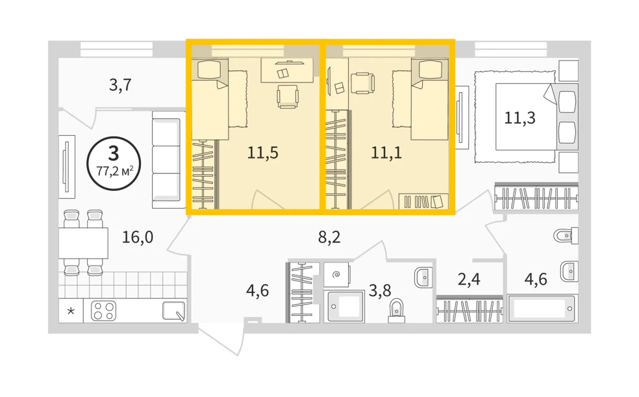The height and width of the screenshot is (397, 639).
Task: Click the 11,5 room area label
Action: pyautogui.click(x=263, y=153)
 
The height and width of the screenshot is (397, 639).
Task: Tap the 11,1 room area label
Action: pyautogui.click(x=386, y=153)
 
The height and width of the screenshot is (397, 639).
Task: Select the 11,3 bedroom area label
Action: pyautogui.click(x=520, y=118)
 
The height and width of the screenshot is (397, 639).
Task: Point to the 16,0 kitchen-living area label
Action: pyautogui.click(x=138, y=237)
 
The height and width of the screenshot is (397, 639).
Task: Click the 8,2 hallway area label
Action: pyautogui.click(x=329, y=237)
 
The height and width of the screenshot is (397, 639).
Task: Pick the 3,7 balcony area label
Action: pyautogui.click(x=120, y=84)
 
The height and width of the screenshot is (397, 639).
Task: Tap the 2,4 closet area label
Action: pyautogui.click(x=469, y=279)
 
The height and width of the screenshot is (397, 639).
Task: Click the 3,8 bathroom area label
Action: pyautogui.click(x=380, y=290)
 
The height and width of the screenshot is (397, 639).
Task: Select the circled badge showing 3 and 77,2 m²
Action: pyautogui.click(x=114, y=163)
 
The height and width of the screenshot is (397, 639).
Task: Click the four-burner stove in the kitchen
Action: pyautogui.click(x=103, y=311)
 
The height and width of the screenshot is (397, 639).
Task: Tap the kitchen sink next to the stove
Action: pyautogui.click(x=174, y=311)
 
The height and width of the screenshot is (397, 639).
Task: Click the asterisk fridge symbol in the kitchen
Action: pyautogui.click(x=71, y=311)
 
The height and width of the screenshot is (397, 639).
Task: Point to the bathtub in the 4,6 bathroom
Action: pyautogui.click(x=541, y=309)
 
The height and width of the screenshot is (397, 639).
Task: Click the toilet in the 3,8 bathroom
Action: pyautogui.click(x=396, y=311)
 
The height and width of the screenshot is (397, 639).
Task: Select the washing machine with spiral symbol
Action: pyautogui.click(x=336, y=275)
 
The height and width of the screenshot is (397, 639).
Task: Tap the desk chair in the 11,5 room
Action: pyautogui.click(x=288, y=96)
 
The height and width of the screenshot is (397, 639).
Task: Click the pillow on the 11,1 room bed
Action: pyautogui.click(x=430, y=70)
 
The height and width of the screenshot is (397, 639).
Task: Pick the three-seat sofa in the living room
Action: pyautogui.click(x=167, y=160)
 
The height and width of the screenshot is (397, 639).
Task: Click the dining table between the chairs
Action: pyautogui.click(x=83, y=243)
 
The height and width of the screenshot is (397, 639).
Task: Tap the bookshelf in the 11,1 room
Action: pyautogui.click(x=423, y=201)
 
